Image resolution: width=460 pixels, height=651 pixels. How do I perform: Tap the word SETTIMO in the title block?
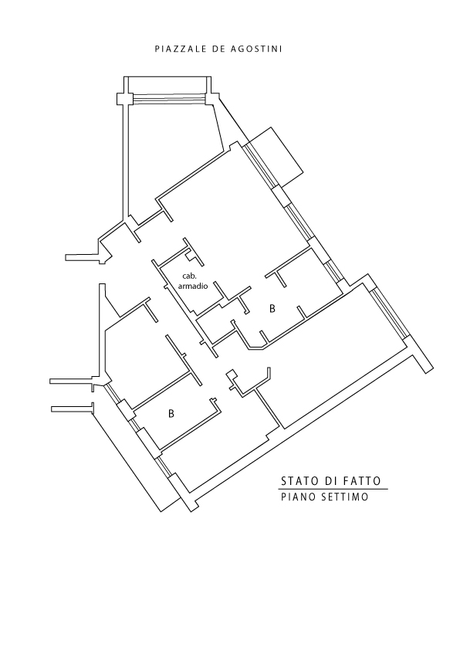(345, 497)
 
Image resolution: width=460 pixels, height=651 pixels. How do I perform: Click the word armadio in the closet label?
(192, 286)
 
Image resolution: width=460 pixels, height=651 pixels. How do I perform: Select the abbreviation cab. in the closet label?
(189, 276)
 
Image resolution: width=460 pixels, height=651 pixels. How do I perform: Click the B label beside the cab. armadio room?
(272, 309)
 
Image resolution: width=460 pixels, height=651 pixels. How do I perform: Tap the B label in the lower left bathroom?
(171, 414)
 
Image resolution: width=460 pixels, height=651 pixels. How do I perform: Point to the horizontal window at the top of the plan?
(167, 99)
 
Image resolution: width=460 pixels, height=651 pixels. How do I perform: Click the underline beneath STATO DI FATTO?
(334, 489)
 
